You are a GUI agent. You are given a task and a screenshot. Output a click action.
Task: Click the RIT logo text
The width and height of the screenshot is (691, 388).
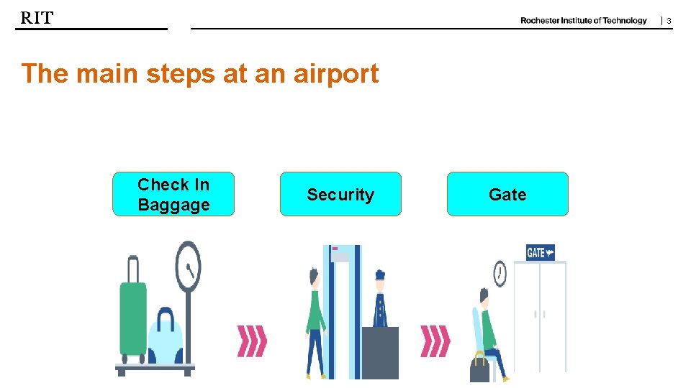(x=37, y=18)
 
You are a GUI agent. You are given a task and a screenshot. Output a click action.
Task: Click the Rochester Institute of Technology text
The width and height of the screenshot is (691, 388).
(x=583, y=21)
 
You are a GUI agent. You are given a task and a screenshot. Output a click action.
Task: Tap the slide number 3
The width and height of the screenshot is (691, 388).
(x=669, y=22)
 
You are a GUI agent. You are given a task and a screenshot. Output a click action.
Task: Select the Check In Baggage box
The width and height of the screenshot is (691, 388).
(x=173, y=194)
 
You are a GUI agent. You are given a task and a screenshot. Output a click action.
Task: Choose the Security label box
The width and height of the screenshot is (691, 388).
(x=340, y=194)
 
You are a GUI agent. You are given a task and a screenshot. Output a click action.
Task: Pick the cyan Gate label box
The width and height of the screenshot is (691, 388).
(x=507, y=194)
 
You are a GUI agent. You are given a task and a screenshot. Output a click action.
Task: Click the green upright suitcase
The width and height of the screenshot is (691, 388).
(x=132, y=316)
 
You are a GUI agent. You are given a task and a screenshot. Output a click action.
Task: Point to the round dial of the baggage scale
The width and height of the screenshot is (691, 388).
(x=188, y=267)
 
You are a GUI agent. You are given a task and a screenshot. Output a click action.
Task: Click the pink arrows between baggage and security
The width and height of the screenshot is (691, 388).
(x=252, y=341)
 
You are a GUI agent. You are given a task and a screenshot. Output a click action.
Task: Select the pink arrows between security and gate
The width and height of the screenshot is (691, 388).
(x=435, y=341)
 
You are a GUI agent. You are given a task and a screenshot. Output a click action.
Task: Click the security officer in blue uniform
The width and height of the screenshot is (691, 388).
(x=380, y=302)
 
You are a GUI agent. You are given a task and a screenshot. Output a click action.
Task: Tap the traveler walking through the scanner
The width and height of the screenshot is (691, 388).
(x=315, y=320)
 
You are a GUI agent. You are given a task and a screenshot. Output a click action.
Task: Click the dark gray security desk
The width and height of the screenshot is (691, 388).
(x=380, y=352)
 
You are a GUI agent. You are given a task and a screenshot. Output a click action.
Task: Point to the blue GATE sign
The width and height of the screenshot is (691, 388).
(x=540, y=252)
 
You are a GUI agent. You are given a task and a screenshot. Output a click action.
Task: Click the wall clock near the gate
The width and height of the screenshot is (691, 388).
(x=500, y=273)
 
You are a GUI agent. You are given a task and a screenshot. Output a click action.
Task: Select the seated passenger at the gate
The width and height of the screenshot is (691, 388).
(x=489, y=331)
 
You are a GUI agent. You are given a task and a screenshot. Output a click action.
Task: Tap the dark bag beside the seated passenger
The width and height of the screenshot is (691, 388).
(x=479, y=368)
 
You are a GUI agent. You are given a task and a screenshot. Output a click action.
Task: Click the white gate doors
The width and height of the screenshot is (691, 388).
(x=540, y=316)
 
